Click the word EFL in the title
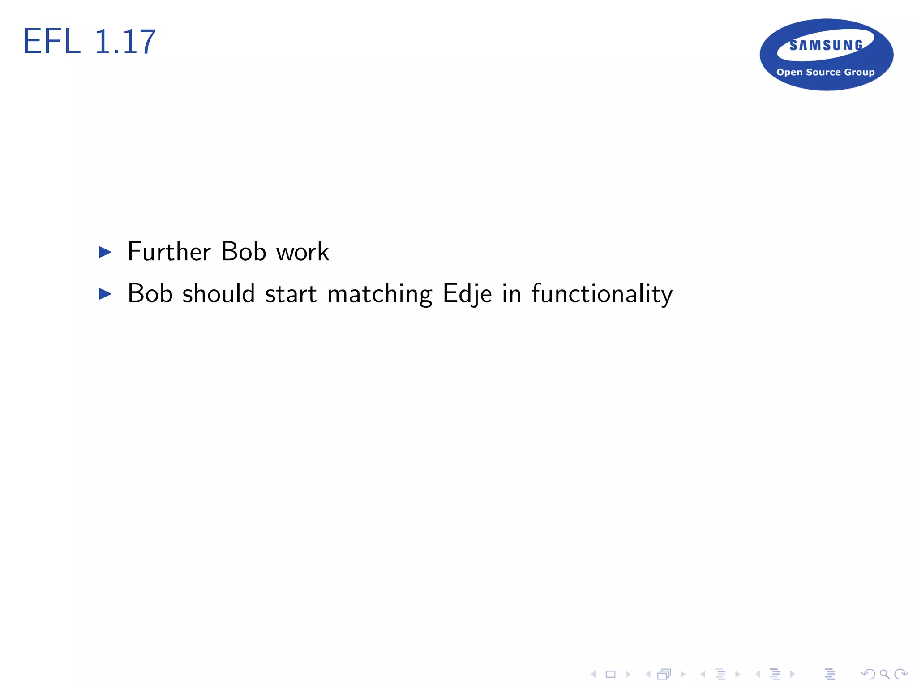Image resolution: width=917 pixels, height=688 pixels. pyautogui.click(x=51, y=42)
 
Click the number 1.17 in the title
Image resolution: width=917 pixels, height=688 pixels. pyautogui.click(x=125, y=42)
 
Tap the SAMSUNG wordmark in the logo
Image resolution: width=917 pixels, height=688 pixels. pyautogui.click(x=826, y=45)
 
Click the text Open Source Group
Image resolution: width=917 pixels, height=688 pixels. pyautogui.click(x=825, y=72)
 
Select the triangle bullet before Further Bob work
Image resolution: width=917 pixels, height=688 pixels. pyautogui.click(x=105, y=252)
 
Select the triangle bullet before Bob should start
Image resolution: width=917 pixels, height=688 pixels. pyautogui.click(x=105, y=294)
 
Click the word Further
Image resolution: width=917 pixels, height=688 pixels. pyautogui.click(x=169, y=251)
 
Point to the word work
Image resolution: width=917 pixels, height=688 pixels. pyautogui.click(x=303, y=252)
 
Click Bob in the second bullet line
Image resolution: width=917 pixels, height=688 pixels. pyautogui.click(x=150, y=293)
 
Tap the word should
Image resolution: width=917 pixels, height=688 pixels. pyautogui.click(x=219, y=293)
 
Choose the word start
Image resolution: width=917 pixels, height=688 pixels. pyautogui.click(x=291, y=294)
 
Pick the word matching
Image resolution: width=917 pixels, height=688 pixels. pyautogui.click(x=380, y=294)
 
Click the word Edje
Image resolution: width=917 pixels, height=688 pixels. pyautogui.click(x=467, y=294)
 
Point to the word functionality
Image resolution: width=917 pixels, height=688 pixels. pyautogui.click(x=602, y=294)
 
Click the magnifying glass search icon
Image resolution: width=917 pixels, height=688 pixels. pyautogui.click(x=884, y=674)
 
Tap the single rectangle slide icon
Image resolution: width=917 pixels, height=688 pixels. pyautogui.click(x=610, y=674)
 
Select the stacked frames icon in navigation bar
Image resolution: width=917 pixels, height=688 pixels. pyautogui.click(x=664, y=674)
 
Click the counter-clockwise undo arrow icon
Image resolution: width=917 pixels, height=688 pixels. pyautogui.click(x=868, y=674)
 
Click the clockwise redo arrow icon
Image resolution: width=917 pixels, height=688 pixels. pyautogui.click(x=900, y=674)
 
